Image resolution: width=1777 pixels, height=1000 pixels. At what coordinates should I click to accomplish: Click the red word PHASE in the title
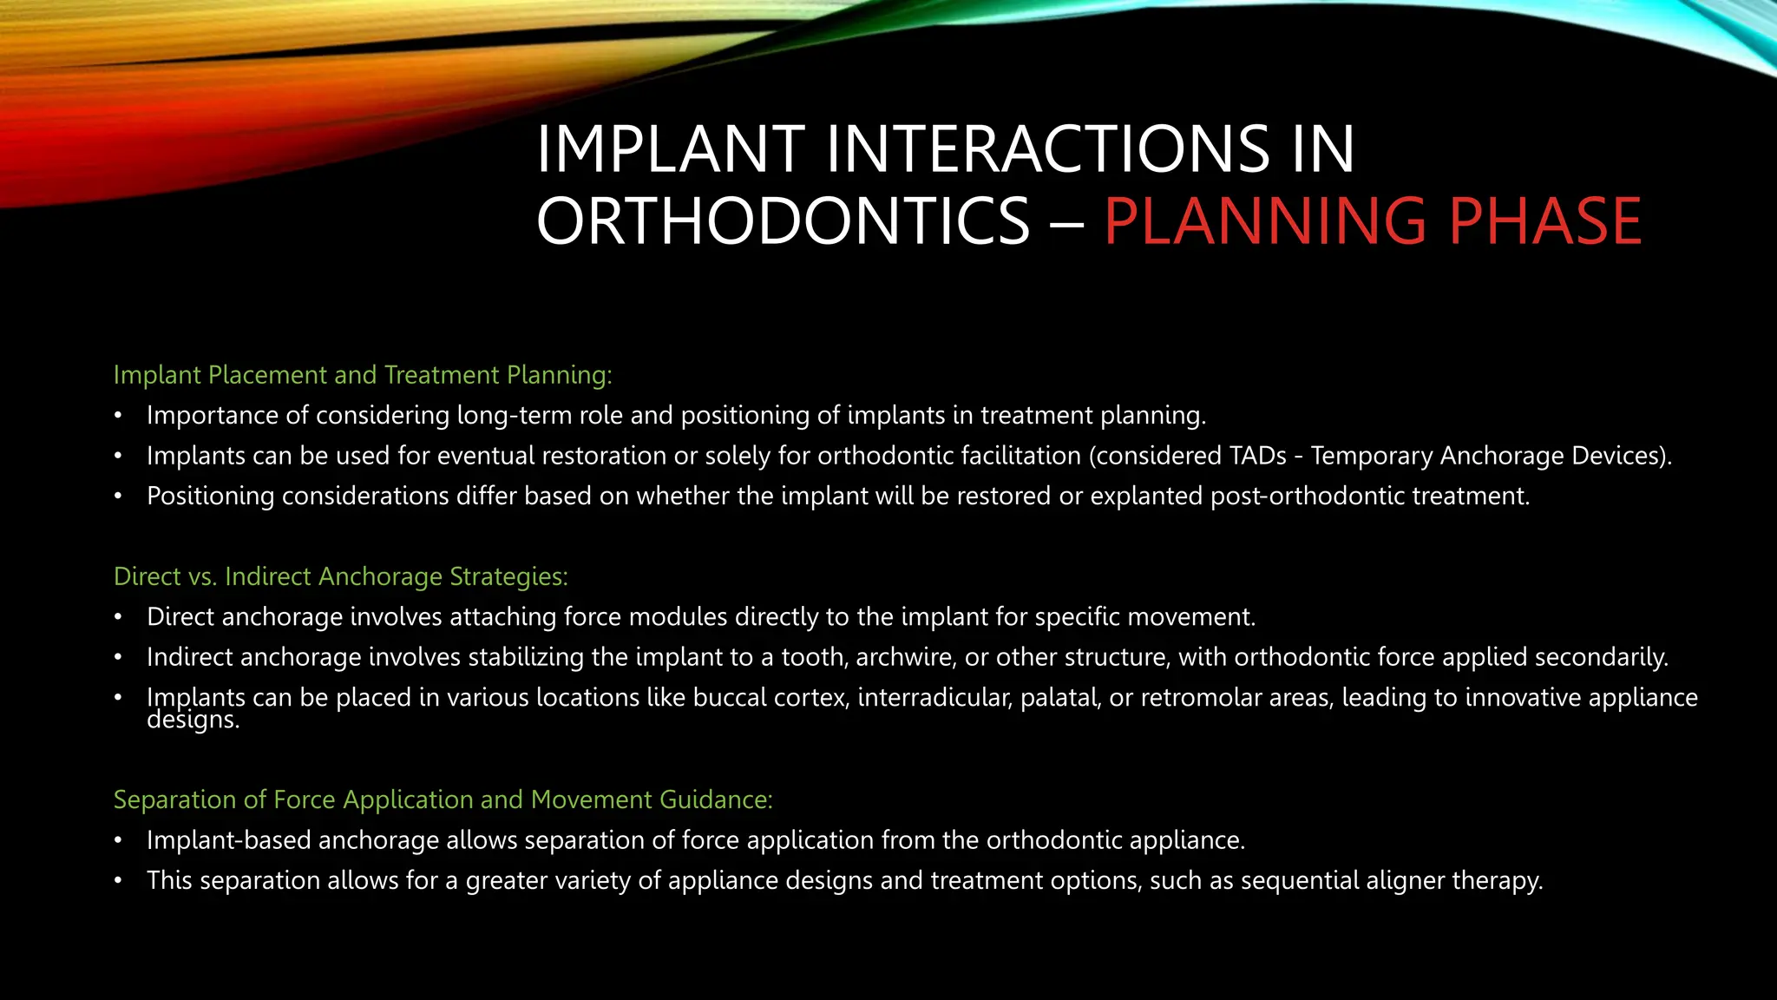click(x=1544, y=221)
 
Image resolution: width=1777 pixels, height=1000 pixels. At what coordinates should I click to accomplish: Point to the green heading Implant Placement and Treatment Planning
click(x=363, y=375)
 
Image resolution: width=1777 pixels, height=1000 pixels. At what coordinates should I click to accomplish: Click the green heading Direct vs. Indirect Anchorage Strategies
click(x=340, y=576)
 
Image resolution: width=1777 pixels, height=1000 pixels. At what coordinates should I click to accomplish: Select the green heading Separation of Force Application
click(x=443, y=799)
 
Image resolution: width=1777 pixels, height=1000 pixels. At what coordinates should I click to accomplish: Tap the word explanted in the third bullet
click(x=1146, y=497)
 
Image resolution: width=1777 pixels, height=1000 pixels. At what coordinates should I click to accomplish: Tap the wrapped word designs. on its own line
click(x=193, y=720)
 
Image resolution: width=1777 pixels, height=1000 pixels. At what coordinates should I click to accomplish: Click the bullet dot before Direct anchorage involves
click(x=118, y=617)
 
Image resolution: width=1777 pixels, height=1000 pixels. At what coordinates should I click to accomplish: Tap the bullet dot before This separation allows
click(x=118, y=881)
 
